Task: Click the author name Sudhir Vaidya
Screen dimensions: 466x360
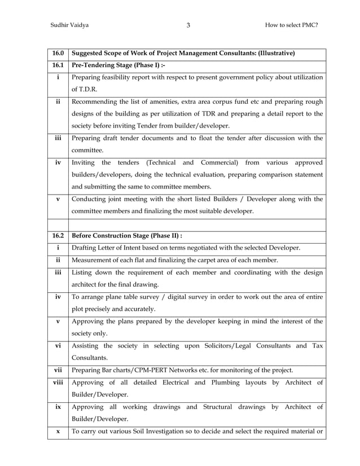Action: pos(69,25)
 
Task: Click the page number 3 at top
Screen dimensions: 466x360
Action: pos(188,25)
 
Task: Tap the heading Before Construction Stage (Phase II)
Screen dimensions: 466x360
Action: pos(128,235)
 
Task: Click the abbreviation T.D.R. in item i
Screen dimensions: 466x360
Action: pos(82,89)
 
